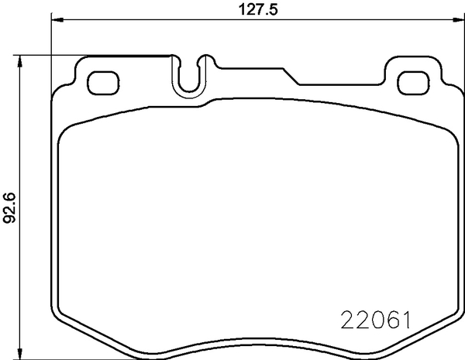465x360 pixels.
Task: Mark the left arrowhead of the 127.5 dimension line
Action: pyautogui.click(x=56, y=20)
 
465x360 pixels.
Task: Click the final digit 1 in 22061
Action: pyautogui.click(x=404, y=320)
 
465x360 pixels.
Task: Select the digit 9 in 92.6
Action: pyautogui.click(x=10, y=221)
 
